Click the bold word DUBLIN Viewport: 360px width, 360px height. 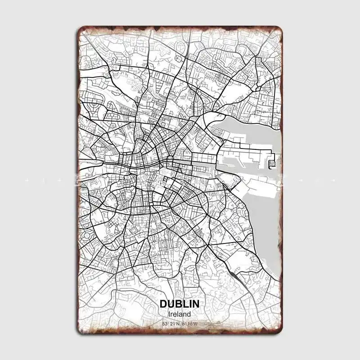(x=180, y=304)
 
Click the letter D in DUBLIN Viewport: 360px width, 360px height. (x=163, y=304)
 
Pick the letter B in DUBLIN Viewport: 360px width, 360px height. (x=177, y=304)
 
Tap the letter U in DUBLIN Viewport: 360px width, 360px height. (x=170, y=304)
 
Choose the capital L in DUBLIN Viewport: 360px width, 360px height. (x=184, y=304)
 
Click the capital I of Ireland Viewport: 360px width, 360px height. (x=168, y=314)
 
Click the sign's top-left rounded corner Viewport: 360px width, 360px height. (x=81, y=31)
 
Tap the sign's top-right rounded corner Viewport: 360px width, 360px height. (x=279, y=31)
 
